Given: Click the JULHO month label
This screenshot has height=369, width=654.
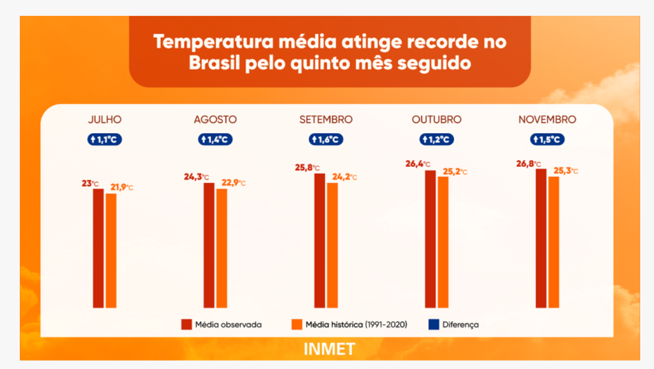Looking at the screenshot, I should pyautogui.click(x=105, y=120).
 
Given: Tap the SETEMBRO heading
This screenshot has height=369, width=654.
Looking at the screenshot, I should pyautogui.click(x=326, y=120).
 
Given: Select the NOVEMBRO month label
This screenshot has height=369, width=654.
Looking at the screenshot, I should pyautogui.click(x=547, y=120).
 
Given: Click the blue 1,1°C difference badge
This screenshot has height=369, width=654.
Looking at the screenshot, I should pyautogui.click(x=105, y=139).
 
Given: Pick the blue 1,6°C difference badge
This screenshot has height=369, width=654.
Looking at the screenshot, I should pyautogui.click(x=326, y=139).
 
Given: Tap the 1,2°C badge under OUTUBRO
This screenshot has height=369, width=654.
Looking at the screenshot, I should pyautogui.click(x=436, y=139).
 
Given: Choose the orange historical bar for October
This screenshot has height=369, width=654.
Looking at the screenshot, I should pyautogui.click(x=443, y=242).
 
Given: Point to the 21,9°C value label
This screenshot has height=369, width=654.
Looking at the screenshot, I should pyautogui.click(x=121, y=187).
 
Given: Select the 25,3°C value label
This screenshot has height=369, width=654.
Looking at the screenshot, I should pyautogui.click(x=565, y=171).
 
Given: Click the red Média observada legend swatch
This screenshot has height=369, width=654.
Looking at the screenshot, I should pyautogui.click(x=186, y=324).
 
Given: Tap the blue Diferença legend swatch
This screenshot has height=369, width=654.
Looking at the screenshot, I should pyautogui.click(x=433, y=324).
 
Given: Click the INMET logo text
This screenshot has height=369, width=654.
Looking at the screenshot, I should pyautogui.click(x=330, y=350).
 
